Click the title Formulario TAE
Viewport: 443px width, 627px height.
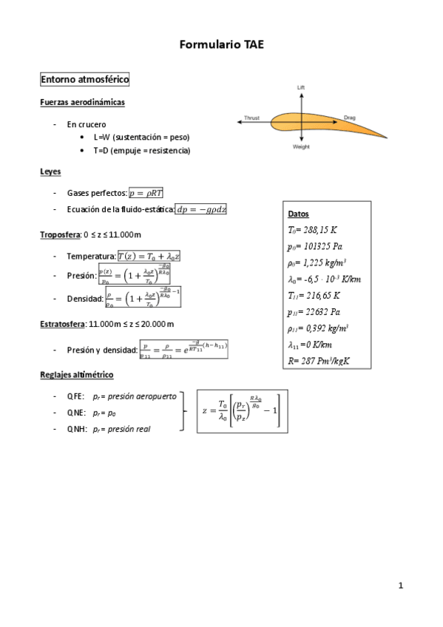[x=221, y=46]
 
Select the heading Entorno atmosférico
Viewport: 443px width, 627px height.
[x=85, y=78]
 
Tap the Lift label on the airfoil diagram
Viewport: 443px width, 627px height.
[x=301, y=87]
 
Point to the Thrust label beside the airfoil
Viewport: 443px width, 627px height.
[x=251, y=118]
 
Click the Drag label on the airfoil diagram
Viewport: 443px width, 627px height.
[x=350, y=117]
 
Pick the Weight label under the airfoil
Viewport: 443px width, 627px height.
[x=301, y=147]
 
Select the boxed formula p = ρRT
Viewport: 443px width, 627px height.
[x=146, y=193]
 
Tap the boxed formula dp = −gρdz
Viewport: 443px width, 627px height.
[x=201, y=209]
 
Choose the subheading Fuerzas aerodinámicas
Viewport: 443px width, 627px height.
[x=82, y=102]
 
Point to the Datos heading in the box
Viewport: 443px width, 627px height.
[x=299, y=214]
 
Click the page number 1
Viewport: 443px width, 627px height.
[x=401, y=586]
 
